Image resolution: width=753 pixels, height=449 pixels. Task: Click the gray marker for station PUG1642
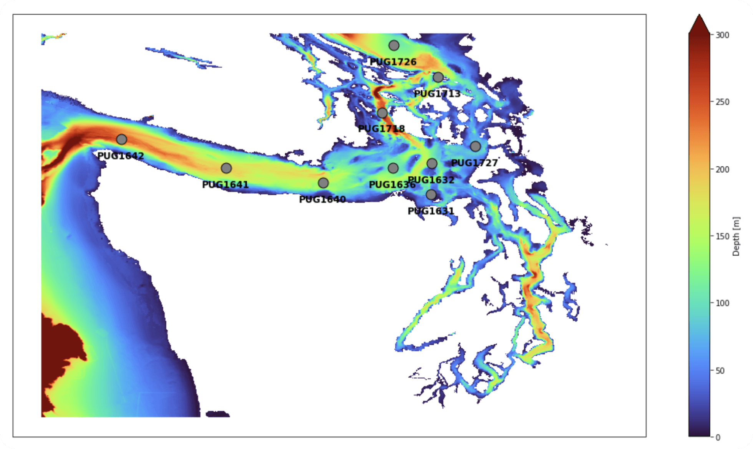121,139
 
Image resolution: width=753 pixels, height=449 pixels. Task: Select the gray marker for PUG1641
226,168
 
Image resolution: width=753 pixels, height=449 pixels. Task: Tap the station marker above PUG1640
323,183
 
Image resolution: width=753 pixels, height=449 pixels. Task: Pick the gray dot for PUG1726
394,45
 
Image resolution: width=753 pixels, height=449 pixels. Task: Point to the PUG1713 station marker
438,77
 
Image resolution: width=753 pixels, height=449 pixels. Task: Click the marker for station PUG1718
382,113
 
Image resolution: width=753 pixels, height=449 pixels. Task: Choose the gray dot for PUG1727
475,146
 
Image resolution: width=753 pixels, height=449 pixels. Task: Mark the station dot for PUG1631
431,195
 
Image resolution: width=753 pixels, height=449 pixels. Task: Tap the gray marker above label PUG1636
393,168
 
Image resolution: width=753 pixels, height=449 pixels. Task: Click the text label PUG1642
121,156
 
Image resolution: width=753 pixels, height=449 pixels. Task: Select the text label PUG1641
226,185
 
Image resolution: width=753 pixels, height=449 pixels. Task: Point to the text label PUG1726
393,62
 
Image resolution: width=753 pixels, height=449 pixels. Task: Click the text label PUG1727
474,163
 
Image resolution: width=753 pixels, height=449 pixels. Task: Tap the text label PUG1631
431,211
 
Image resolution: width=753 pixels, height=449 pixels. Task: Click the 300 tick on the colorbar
722,35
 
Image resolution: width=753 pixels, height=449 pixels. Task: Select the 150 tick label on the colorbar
722,236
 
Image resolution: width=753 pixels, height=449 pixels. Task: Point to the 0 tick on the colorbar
718,437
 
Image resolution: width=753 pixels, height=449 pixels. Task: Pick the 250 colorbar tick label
722,102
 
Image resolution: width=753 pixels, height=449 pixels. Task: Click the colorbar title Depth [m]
736,236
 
